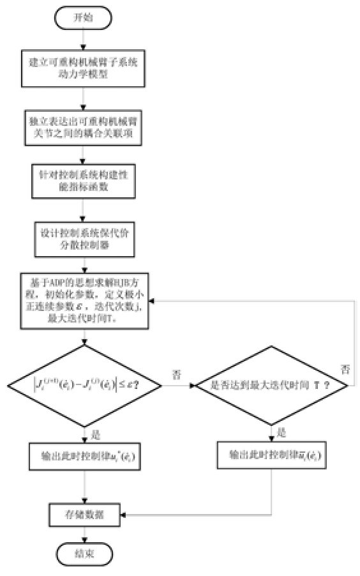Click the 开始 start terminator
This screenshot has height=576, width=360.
point(84,17)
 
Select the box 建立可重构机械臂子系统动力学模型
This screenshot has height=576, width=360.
point(84,69)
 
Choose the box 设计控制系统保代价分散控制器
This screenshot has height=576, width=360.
point(84,236)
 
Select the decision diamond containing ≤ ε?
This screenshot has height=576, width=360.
point(84,386)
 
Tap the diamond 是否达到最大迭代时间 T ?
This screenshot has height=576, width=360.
point(271,386)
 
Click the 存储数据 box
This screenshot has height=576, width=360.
point(84,514)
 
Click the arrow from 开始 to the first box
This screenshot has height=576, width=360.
point(84,40)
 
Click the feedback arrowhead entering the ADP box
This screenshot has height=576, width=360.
point(154,301)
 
